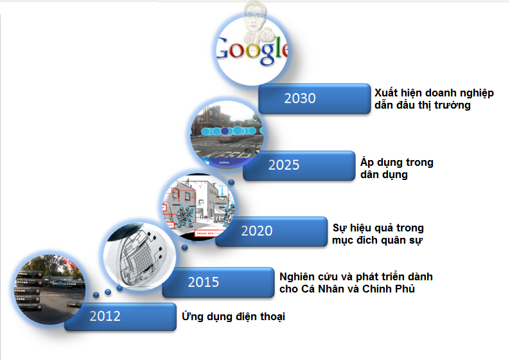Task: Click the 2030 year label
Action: tap(300, 98)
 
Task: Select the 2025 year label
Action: tap(284, 165)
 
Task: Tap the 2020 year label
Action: tap(257, 231)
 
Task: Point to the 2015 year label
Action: tap(203, 282)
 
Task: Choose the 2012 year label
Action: tap(105, 316)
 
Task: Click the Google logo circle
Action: tap(252, 50)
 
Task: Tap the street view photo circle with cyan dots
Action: tap(227, 134)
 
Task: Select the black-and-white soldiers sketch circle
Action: tap(198, 207)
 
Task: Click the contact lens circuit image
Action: tap(139, 256)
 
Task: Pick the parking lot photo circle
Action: tap(49, 289)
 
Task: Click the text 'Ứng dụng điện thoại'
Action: tap(233, 316)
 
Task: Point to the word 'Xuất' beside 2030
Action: tap(386, 93)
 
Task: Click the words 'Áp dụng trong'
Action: tap(396, 162)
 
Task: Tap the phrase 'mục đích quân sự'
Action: tap(377, 240)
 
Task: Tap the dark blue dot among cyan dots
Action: tap(225, 131)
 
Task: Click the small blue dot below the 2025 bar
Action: tap(231, 183)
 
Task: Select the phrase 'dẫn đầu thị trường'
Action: tap(423, 105)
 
